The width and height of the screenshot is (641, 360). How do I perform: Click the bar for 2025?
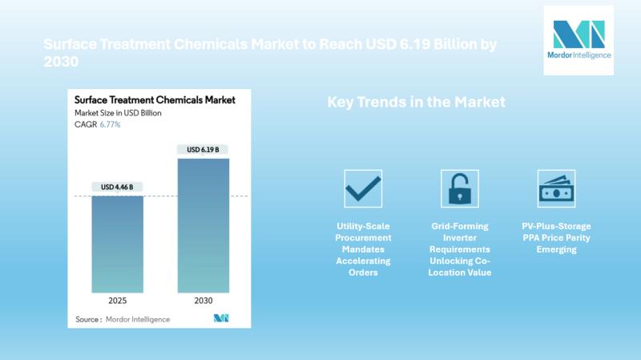pos(118,244)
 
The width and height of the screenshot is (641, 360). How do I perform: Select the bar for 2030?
pos(203,225)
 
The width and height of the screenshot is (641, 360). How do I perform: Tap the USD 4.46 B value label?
pos(118,188)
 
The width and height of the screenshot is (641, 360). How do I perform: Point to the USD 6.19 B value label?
pos(203,150)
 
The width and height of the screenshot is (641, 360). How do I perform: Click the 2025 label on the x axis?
pos(118,301)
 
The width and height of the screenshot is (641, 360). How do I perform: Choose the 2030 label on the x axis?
pos(203,301)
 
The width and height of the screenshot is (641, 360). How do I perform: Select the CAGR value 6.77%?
pos(109,125)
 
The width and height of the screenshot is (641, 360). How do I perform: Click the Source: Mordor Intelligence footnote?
pos(122,319)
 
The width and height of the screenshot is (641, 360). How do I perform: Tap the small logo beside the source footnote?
pos(221,318)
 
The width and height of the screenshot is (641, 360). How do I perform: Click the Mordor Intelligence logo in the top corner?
pos(579,40)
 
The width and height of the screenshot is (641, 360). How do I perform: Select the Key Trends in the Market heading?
pos(416,103)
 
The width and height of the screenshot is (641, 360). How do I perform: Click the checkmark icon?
pos(363,188)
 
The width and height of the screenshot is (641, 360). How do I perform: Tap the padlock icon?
pos(459,188)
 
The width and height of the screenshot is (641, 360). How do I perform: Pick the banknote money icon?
pos(556,189)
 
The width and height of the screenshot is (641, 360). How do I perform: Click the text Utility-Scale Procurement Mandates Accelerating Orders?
pos(363,249)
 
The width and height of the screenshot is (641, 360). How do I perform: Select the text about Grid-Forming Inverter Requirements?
pos(459,249)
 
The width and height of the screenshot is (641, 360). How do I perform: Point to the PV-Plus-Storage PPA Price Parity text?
pos(556,238)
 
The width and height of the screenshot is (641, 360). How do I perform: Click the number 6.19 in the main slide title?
pos(423,44)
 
